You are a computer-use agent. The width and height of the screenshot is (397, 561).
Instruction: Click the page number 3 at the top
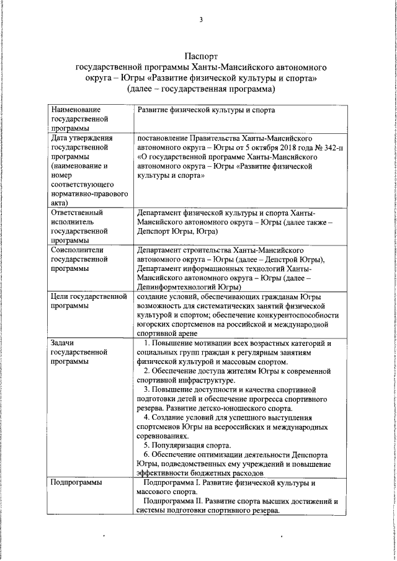pos(201,19)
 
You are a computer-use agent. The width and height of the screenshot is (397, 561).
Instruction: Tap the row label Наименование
pos(76,110)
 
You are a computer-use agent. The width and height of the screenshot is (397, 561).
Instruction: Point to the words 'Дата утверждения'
pos(81,138)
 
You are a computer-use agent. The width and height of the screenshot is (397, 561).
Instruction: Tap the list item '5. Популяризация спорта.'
pos(187,445)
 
